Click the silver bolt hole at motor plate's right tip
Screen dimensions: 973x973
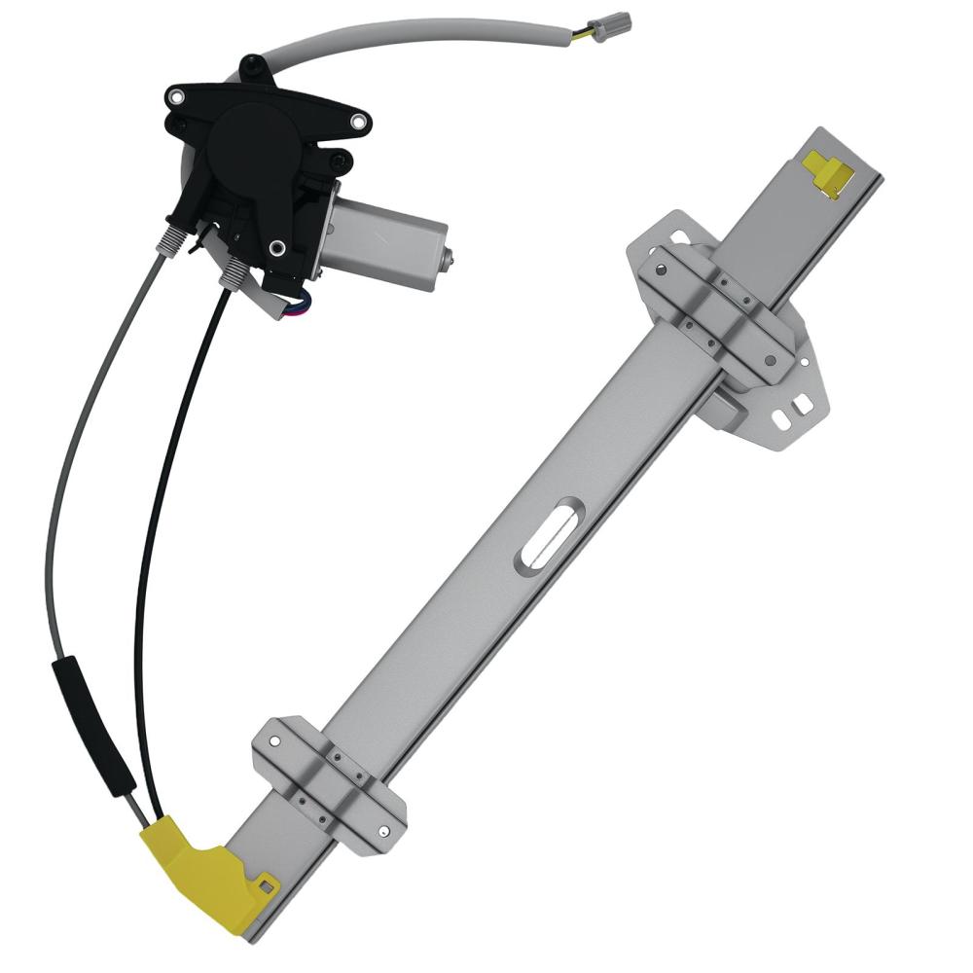pyautogui.click(x=359, y=122)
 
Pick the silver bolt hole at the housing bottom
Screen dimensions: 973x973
pyautogui.click(x=278, y=248)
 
